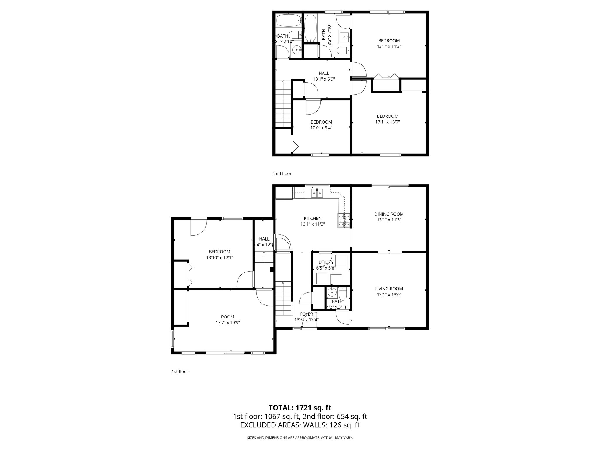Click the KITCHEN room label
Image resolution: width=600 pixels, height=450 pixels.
pyautogui.click(x=313, y=218)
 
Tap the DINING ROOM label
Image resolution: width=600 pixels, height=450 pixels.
pyautogui.click(x=389, y=214)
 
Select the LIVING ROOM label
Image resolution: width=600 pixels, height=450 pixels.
pyautogui.click(x=389, y=289)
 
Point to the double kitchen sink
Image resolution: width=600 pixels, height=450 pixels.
pyautogui.click(x=317, y=193)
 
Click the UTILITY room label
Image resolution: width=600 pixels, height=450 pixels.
pyautogui.click(x=326, y=262)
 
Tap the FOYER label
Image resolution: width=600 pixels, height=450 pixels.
pyautogui.click(x=306, y=314)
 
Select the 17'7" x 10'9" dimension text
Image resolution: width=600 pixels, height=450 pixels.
pyautogui.click(x=228, y=323)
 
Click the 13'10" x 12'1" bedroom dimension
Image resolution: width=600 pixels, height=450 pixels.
pyautogui.click(x=219, y=258)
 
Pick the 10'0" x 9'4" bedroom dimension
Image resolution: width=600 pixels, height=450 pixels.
pyautogui.click(x=321, y=128)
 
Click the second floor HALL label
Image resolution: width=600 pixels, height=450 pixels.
pyautogui.click(x=324, y=73)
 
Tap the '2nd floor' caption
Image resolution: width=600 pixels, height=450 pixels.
pyautogui.click(x=282, y=173)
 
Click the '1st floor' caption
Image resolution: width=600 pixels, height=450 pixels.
pyautogui.click(x=180, y=371)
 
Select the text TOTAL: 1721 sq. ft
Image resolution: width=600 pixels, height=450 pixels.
pyautogui.click(x=300, y=408)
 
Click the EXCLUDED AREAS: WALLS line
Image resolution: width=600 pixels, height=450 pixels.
pyautogui.click(x=300, y=425)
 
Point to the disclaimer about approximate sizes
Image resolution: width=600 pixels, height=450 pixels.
pyautogui.click(x=300, y=438)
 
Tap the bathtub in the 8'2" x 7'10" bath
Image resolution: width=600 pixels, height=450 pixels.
pyautogui.click(x=310, y=28)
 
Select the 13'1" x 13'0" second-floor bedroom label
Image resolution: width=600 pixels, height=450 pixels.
pyautogui.click(x=387, y=119)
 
